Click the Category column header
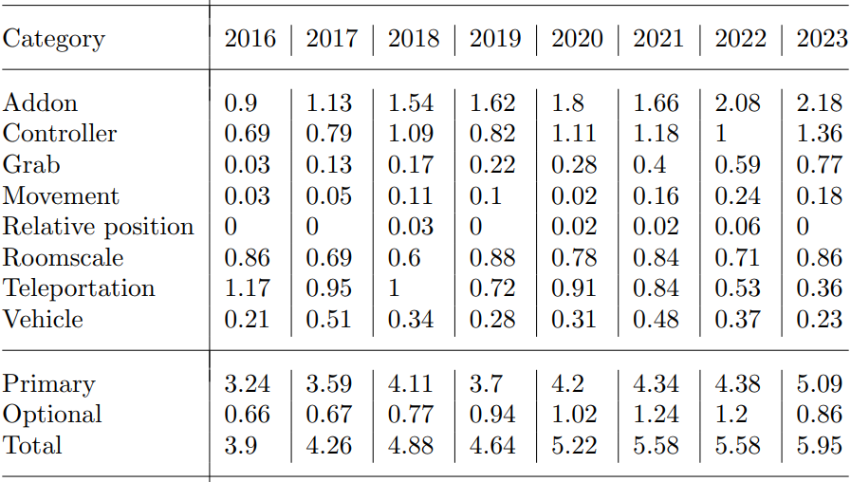click(53, 39)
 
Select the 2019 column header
click(495, 39)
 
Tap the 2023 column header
click(822, 39)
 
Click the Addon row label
click(40, 102)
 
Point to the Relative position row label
click(98, 227)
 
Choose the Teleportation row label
click(79, 288)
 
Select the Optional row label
click(52, 415)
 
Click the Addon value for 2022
click(738, 102)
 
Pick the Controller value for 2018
click(414, 134)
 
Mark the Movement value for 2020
click(574, 196)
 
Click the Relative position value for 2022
click(738, 227)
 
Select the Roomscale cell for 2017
click(328, 258)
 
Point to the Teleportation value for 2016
click(247, 288)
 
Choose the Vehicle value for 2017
click(328, 320)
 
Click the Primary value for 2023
click(820, 384)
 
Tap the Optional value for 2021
click(657, 415)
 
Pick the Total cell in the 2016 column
click(240, 445)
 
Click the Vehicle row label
click(43, 320)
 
